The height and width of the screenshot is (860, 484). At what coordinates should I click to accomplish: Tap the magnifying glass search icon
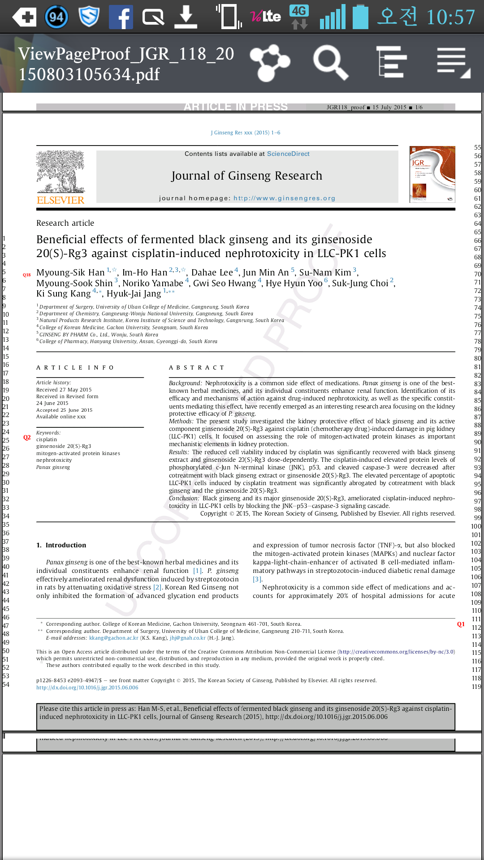pyautogui.click(x=330, y=63)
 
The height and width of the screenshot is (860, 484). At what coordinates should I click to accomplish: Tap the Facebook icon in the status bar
pyautogui.click(x=121, y=17)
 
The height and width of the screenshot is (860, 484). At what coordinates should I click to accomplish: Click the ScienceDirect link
pyautogui.click(x=288, y=154)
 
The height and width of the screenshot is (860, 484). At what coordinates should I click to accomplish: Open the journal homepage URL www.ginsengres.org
pyautogui.click(x=284, y=198)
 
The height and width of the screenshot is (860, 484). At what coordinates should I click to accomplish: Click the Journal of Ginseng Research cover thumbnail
pyautogui.click(x=432, y=174)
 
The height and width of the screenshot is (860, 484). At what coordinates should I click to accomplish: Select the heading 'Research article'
pyautogui.click(x=65, y=223)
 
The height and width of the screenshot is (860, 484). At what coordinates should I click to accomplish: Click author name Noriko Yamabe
pyautogui.click(x=152, y=283)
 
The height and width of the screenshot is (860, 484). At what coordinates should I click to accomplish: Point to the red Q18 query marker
pyautogui.click(x=27, y=275)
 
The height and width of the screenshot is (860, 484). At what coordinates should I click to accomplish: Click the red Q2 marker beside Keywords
pyautogui.click(x=27, y=438)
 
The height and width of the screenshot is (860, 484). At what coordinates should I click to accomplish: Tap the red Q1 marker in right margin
pyautogui.click(x=461, y=624)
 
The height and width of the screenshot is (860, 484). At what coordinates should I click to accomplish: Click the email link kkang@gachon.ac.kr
pyautogui.click(x=113, y=638)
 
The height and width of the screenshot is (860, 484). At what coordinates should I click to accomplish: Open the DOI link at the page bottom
pyautogui.click(x=87, y=688)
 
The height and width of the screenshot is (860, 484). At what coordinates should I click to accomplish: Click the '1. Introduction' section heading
pyautogui.click(x=61, y=545)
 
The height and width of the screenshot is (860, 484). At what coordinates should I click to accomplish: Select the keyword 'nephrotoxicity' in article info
pyautogui.click(x=54, y=460)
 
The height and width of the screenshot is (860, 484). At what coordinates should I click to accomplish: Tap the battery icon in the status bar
pyautogui.click(x=360, y=17)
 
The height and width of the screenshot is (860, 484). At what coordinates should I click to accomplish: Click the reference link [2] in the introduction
pyautogui.click(x=157, y=587)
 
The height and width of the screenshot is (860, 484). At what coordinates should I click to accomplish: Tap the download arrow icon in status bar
pyautogui.click(x=186, y=17)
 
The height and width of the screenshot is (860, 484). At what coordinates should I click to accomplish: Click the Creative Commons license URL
pyautogui.click(x=397, y=652)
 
